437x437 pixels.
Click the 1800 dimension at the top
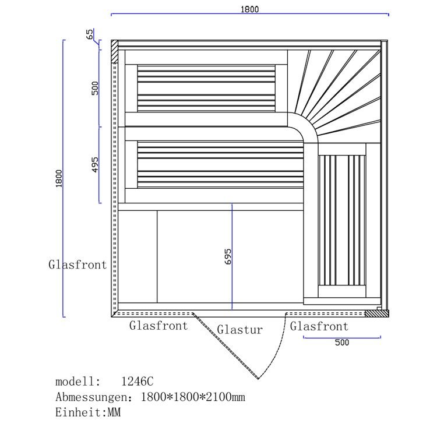click(x=250, y=9)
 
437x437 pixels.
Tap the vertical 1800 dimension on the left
click(x=59, y=178)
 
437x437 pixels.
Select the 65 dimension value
click(x=90, y=34)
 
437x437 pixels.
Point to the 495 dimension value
click(x=95, y=165)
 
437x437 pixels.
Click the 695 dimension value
click(x=228, y=256)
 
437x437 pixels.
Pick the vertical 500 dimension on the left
click(x=95, y=88)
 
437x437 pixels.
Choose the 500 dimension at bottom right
click(x=342, y=343)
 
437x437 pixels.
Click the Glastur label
click(x=240, y=330)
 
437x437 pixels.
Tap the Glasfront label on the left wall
click(x=77, y=265)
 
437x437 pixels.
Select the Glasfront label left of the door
click(x=158, y=326)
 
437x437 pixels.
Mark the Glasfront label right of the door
click(x=319, y=326)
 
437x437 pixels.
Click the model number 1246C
click(x=138, y=382)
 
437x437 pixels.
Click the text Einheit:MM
click(x=88, y=413)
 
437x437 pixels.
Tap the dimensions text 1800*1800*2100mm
click(x=193, y=397)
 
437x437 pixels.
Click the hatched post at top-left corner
click(x=115, y=51)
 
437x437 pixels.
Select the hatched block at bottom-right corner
click(x=377, y=313)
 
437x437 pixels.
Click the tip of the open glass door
click(x=258, y=379)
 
